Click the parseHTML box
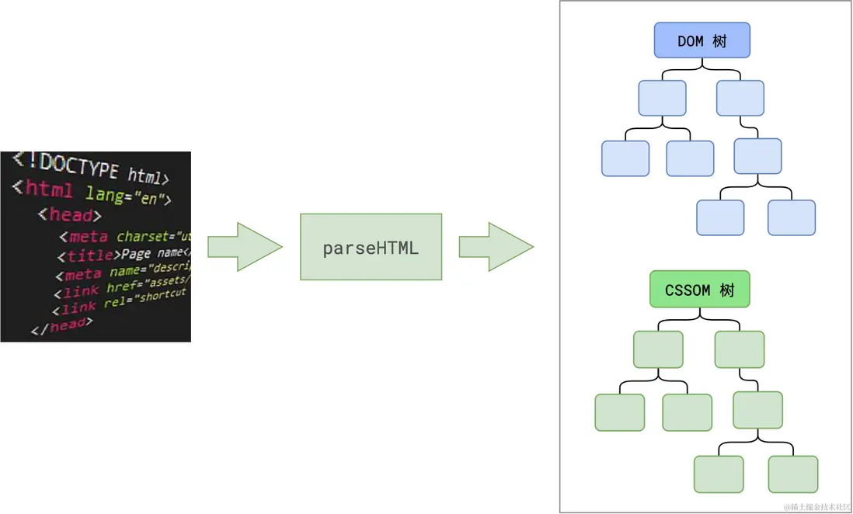pyautogui.click(x=371, y=247)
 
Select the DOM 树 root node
pyautogui.click(x=702, y=40)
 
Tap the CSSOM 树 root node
pyautogui.click(x=699, y=290)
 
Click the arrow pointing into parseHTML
pyautogui.click(x=244, y=247)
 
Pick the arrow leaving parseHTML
pyautogui.click(x=496, y=247)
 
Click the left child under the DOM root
pyautogui.click(x=662, y=99)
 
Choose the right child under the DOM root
pyautogui.click(x=740, y=99)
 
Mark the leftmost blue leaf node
pyautogui.click(x=625, y=158)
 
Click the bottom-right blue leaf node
pyautogui.click(x=791, y=217)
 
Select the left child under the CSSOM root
pyautogui.click(x=658, y=349)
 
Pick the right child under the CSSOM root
pyautogui.click(x=739, y=349)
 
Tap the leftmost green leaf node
pyautogui.click(x=619, y=412)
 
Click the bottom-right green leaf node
pyautogui.click(x=792, y=474)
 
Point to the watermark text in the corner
pyautogui.click(x=816, y=506)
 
